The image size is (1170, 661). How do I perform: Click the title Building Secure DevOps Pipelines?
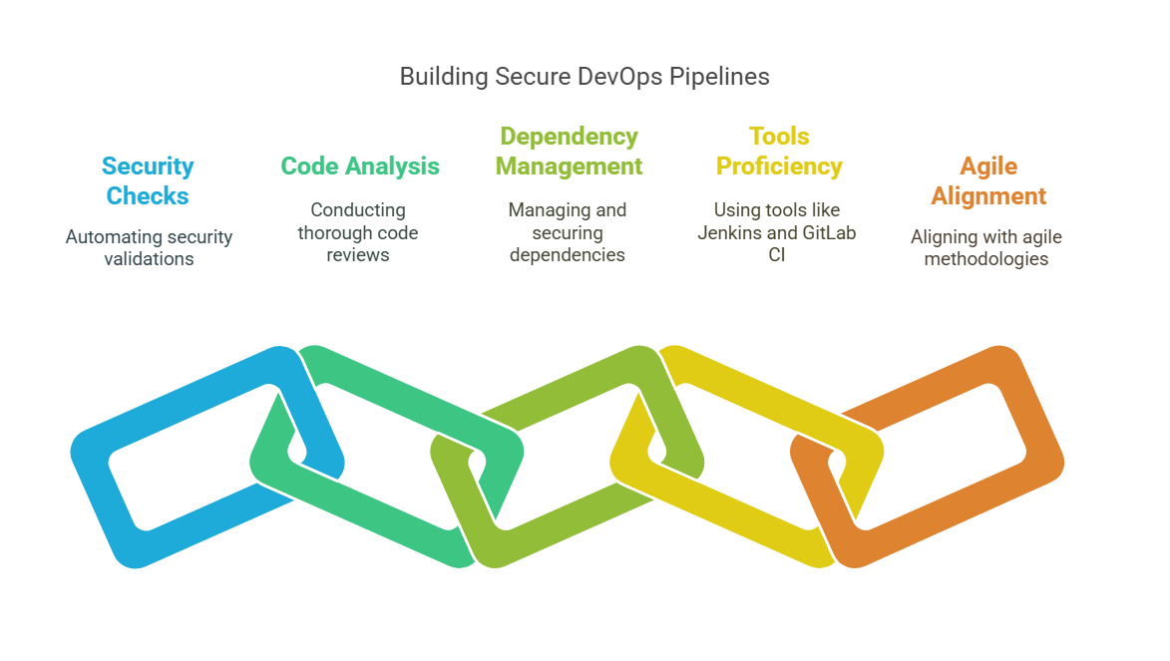[585, 77]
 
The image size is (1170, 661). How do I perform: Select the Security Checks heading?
[148, 180]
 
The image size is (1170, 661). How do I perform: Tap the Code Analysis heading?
[360, 165]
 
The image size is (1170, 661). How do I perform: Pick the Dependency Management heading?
[569, 151]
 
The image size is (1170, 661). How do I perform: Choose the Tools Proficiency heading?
[779, 151]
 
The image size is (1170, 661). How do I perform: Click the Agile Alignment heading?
[988, 180]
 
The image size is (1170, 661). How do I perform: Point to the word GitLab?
[827, 232]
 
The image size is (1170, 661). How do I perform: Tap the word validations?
[149, 259]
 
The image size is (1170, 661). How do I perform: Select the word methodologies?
[986, 259]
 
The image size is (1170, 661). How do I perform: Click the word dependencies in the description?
[568, 255]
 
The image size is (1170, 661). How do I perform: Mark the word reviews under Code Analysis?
[358, 255]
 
